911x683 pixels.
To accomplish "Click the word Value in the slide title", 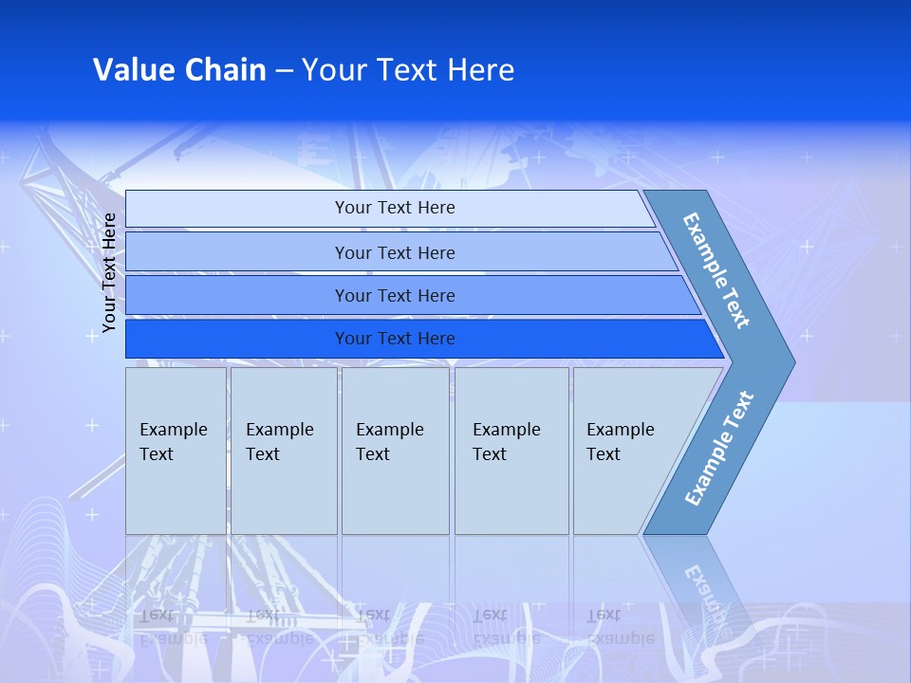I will point(133,69).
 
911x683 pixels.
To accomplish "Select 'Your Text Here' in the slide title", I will point(408,69).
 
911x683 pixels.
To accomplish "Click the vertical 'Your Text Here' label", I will point(109,273).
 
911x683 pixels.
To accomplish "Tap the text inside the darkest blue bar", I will point(395,339).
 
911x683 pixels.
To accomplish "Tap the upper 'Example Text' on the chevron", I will point(716,270).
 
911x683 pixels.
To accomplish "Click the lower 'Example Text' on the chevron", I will point(718,449).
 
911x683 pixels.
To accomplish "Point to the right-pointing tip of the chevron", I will point(790,362).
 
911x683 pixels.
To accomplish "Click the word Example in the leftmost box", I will point(174,430).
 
